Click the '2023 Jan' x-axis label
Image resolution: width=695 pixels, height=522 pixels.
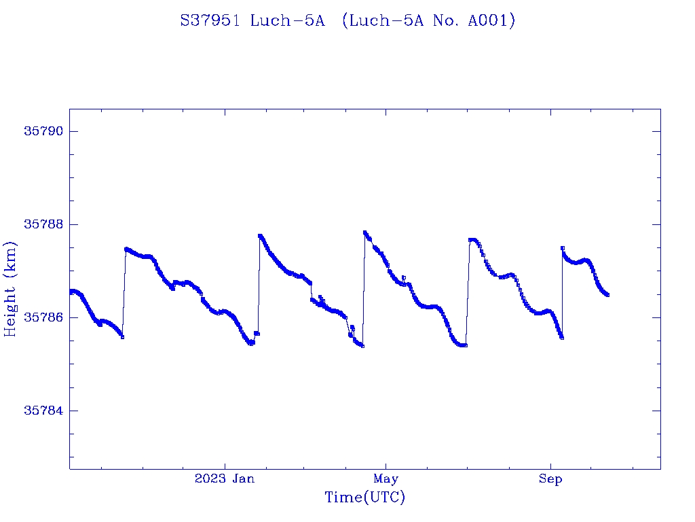pyautogui.click(x=225, y=479)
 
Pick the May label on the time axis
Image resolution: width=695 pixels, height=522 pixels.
pyautogui.click(x=386, y=479)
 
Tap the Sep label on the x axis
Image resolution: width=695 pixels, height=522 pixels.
pyautogui.click(x=550, y=479)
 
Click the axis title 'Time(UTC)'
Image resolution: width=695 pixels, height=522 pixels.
pyautogui.click(x=364, y=498)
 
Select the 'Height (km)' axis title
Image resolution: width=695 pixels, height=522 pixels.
pyautogui.click(x=10, y=288)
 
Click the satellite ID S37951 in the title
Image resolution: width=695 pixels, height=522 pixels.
pyautogui.click(x=210, y=21)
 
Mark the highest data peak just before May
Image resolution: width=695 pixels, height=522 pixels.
pyautogui.click(x=365, y=232)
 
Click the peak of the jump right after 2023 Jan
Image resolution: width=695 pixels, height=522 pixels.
pyautogui.click(x=260, y=236)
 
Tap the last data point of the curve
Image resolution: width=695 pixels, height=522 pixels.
pyautogui.click(x=607, y=295)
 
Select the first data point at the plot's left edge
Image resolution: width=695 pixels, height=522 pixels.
pyautogui.click(x=71, y=292)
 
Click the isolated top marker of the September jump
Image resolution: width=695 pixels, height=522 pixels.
pyautogui.click(x=563, y=248)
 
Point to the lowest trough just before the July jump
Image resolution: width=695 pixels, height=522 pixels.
pyautogui.click(x=466, y=345)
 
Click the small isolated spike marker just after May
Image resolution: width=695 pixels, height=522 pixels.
pyautogui.click(x=404, y=277)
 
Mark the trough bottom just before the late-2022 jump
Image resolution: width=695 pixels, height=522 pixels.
pyautogui.click(x=122, y=336)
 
